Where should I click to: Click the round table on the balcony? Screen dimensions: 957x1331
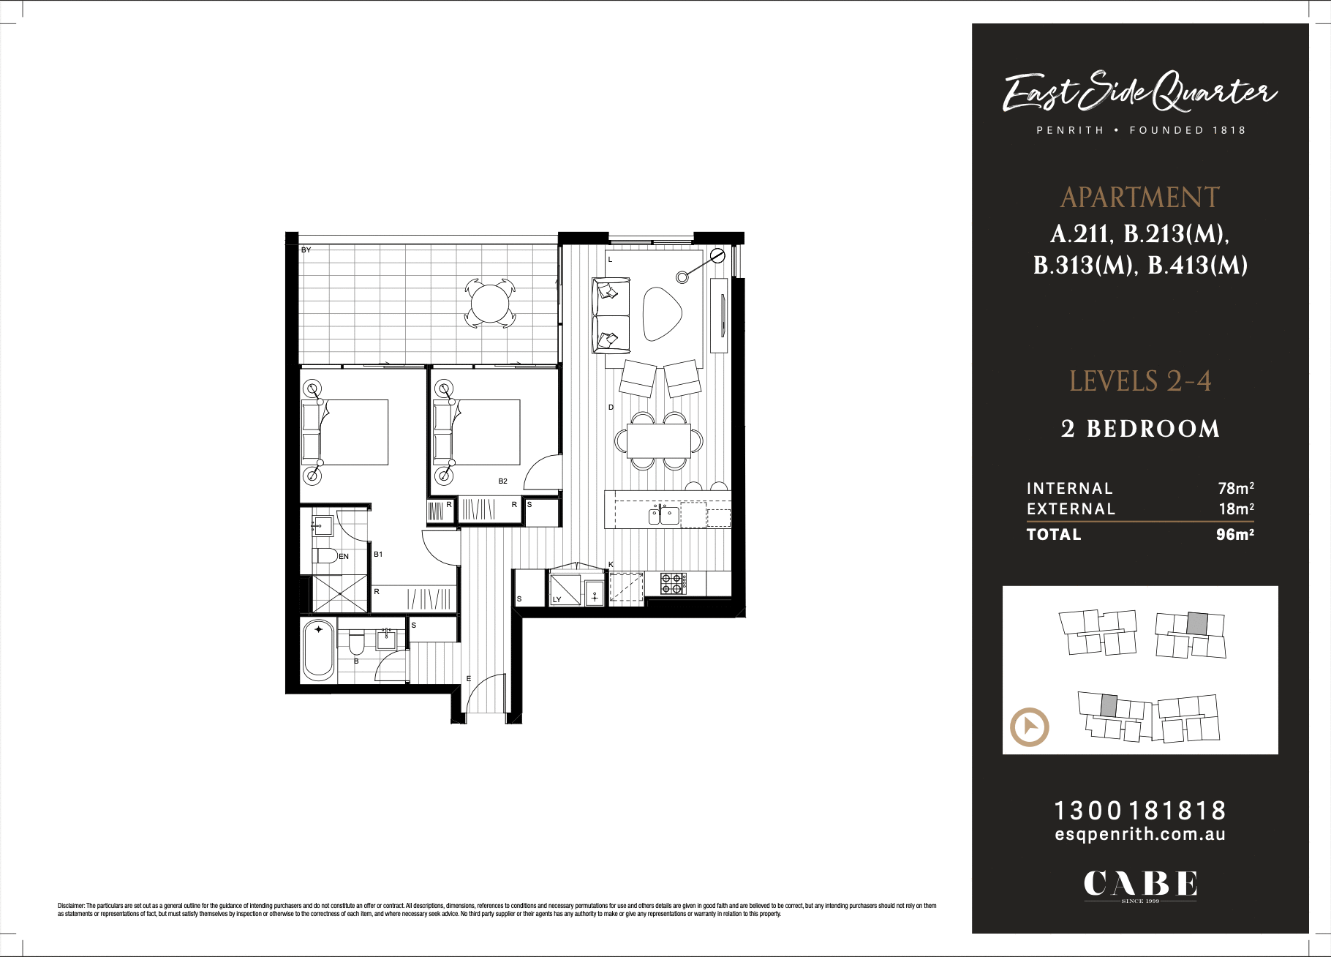(x=489, y=303)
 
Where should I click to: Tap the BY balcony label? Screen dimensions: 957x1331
(x=306, y=250)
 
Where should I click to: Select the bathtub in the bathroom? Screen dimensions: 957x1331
(x=318, y=650)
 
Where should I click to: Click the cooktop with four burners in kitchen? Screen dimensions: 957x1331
(x=671, y=583)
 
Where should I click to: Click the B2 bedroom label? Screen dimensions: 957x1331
(x=502, y=481)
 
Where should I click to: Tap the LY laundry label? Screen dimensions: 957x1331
(x=557, y=600)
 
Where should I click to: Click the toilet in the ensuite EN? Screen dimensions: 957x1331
(x=325, y=555)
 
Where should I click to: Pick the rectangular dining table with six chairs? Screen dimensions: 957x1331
(x=658, y=440)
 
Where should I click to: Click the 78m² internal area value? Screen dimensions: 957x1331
(x=1235, y=488)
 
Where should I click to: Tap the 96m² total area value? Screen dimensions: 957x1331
(x=1234, y=535)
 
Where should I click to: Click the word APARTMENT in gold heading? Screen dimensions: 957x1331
(x=1139, y=198)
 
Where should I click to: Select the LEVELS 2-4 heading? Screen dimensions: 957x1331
(x=1139, y=381)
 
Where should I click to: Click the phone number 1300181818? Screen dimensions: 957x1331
(x=1139, y=811)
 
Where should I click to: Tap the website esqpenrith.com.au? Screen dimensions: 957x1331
(x=1139, y=835)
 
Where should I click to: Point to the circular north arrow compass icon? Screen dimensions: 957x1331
(x=1029, y=727)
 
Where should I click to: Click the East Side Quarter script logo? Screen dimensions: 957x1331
(x=1139, y=92)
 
